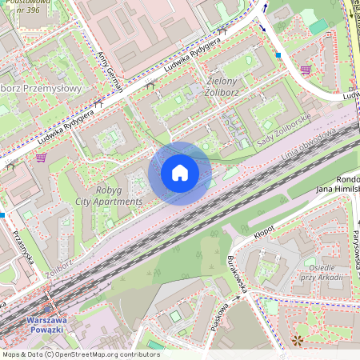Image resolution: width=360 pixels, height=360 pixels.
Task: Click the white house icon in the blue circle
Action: pos(180,173)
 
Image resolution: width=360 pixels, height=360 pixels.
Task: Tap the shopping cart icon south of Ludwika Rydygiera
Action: pos(41,158)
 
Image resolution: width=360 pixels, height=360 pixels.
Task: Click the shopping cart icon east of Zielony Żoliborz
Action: pos(306,70)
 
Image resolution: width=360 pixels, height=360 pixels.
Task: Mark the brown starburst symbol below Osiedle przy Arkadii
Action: pos(298,340)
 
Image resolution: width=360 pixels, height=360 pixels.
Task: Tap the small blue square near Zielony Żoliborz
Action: pos(278,55)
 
